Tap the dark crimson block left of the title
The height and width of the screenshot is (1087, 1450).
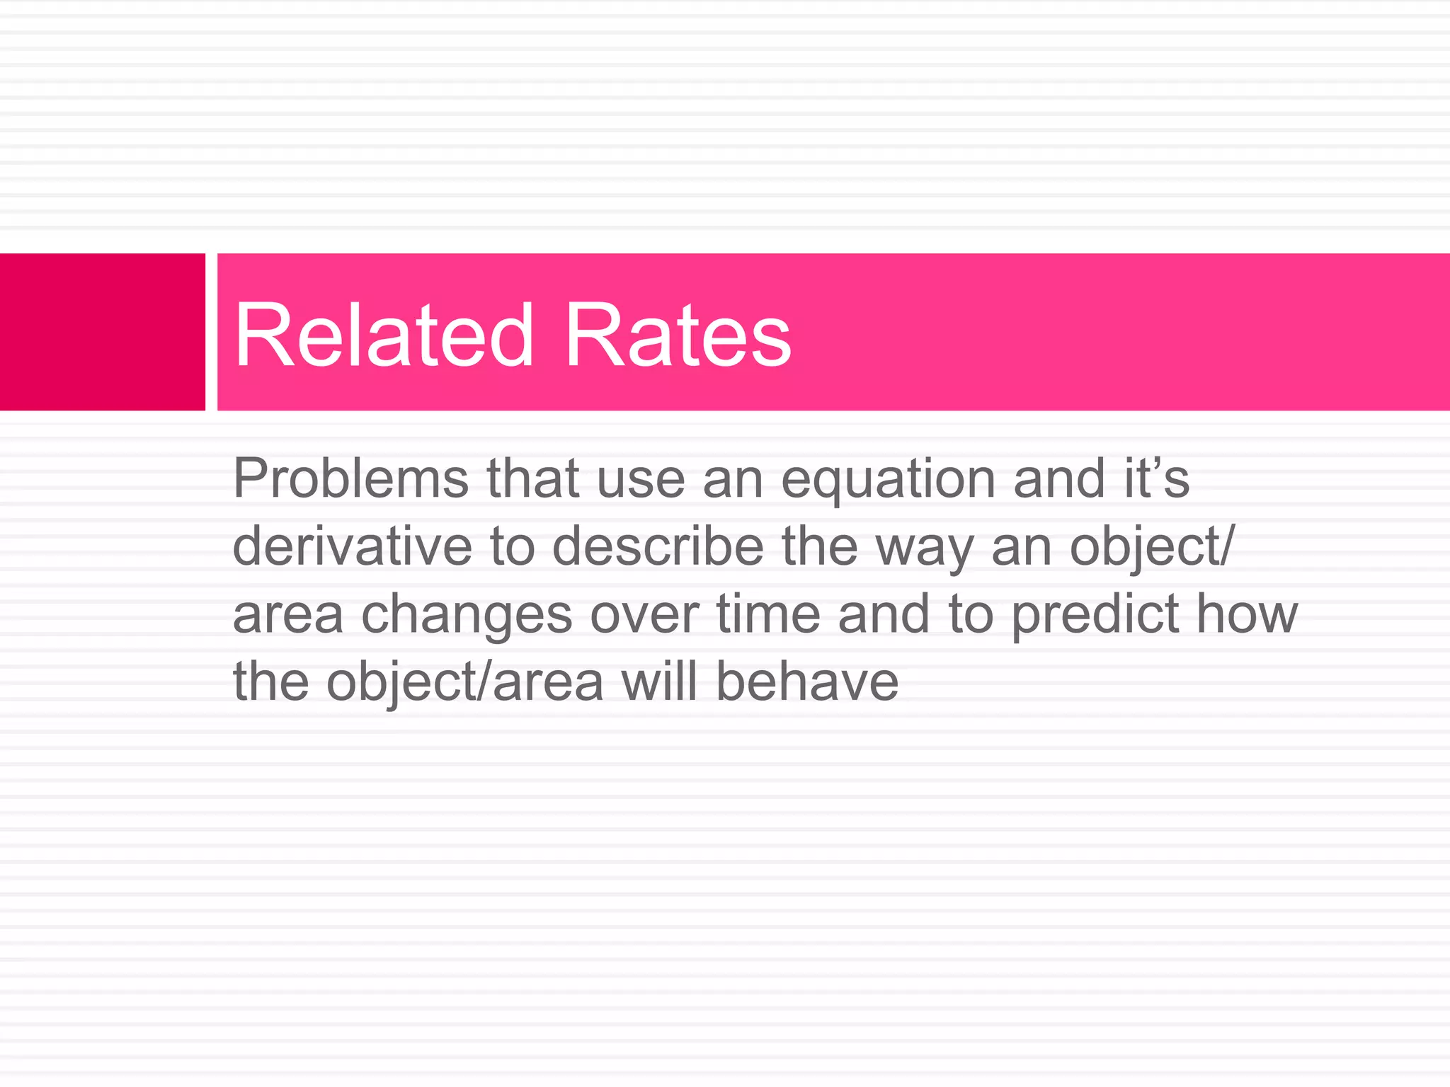coord(102,332)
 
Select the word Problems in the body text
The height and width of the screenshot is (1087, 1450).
coord(350,479)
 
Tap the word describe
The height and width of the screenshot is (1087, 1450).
coord(658,546)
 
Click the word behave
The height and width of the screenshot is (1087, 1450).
coord(806,681)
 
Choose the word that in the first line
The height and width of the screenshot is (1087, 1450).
coord(533,478)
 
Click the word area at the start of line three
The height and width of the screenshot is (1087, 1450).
coord(287,615)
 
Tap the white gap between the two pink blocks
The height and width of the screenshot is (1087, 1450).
coord(211,332)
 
